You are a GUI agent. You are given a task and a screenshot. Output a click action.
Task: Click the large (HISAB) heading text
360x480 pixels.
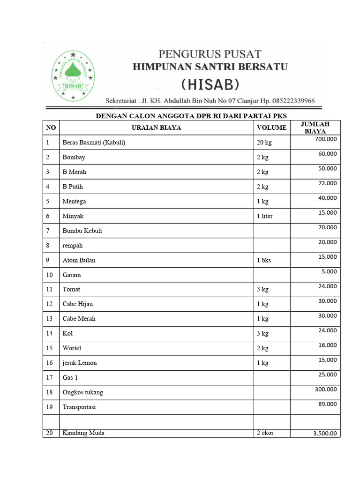click(210, 85)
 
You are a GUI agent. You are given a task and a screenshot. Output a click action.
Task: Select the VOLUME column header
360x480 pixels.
click(271, 127)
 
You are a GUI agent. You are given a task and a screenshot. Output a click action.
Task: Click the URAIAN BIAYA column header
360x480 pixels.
click(156, 127)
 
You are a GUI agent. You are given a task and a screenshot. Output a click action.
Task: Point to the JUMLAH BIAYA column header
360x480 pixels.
click(315, 127)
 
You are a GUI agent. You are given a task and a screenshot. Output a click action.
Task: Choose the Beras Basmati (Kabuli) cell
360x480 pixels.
click(94, 142)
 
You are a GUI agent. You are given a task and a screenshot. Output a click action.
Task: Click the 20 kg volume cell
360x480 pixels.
click(264, 142)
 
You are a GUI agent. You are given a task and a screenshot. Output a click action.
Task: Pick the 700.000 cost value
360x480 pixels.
click(326, 139)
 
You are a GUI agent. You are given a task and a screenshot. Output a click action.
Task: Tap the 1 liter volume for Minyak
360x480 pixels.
click(264, 216)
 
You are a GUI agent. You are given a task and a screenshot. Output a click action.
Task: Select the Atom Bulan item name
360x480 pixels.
click(79, 260)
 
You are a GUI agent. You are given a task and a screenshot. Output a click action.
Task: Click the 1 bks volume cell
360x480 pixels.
click(263, 260)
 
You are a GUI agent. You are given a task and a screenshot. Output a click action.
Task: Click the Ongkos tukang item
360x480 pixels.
click(82, 392)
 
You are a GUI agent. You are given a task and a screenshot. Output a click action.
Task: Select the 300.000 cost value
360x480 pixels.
click(326, 389)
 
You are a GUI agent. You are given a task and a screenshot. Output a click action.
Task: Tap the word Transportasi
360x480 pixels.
click(79, 407)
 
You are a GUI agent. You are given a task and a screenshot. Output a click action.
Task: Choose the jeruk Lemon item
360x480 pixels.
click(80, 363)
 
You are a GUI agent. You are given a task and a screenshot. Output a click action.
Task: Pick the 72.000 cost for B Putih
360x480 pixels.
click(327, 183)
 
